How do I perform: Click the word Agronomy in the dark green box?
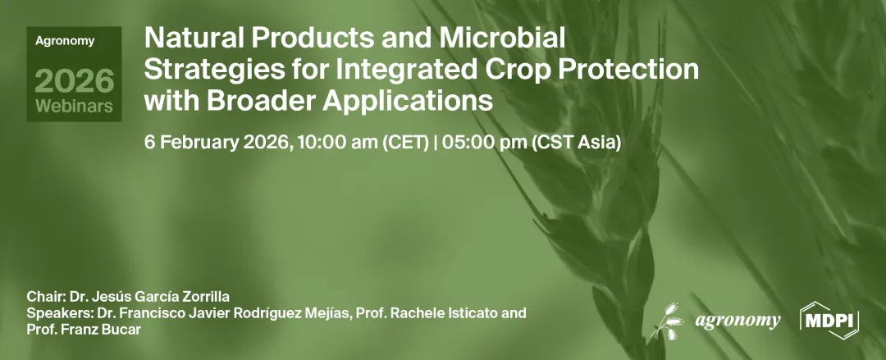pyautogui.click(x=65, y=41)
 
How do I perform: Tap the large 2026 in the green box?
pyautogui.click(x=74, y=80)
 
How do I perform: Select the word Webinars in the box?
pyautogui.click(x=74, y=106)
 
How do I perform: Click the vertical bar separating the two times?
pyautogui.click(x=436, y=143)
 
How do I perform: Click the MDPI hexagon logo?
pyautogui.click(x=829, y=321)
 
